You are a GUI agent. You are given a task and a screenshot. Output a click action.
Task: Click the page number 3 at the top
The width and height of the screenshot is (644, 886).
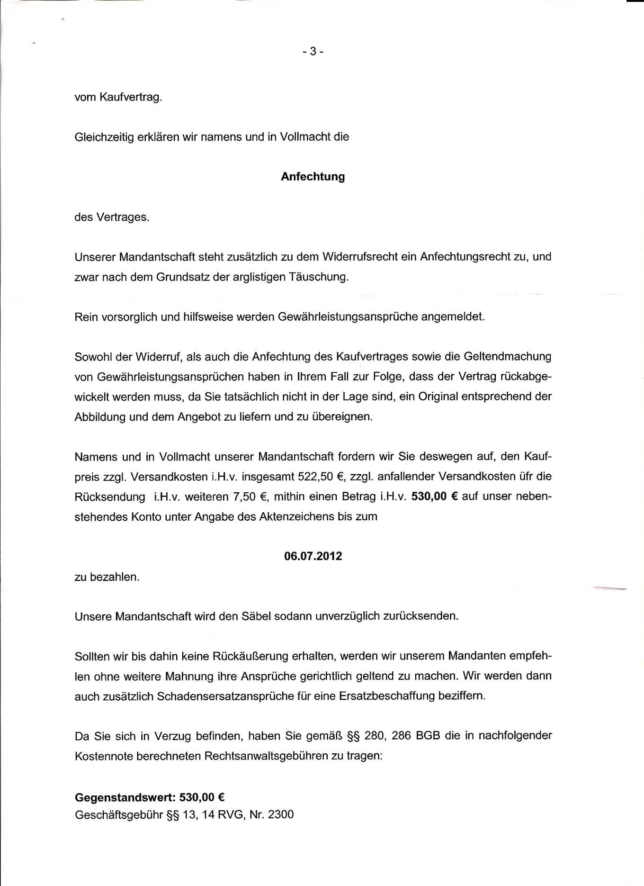(x=313, y=52)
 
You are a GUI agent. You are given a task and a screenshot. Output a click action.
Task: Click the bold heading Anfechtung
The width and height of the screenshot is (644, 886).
(x=313, y=177)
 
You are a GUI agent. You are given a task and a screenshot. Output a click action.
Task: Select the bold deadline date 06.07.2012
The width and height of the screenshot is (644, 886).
(x=313, y=556)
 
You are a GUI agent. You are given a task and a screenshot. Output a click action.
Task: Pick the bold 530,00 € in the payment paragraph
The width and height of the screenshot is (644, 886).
(x=434, y=497)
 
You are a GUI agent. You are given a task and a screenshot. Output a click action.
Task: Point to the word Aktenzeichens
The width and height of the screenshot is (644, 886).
(x=296, y=516)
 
